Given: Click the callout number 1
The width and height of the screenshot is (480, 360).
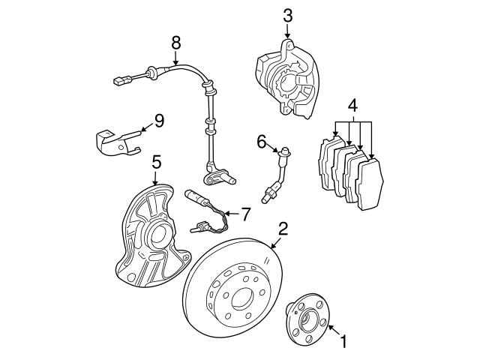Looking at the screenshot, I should [x=344, y=343].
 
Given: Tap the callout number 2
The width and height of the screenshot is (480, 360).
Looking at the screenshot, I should [x=283, y=229].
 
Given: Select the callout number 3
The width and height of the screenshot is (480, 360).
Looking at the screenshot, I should [x=288, y=14].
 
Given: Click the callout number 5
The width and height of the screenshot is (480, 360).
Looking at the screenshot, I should [x=156, y=160].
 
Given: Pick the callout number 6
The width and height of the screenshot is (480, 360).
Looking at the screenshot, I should [x=261, y=140].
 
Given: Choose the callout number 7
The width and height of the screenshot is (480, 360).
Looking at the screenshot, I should [x=246, y=214].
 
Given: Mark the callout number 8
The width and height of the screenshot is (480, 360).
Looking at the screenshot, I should [x=175, y=43].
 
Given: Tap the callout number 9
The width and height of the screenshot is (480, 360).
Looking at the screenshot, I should [x=158, y=119].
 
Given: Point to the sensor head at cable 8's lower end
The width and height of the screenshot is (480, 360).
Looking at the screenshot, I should [x=218, y=177].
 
